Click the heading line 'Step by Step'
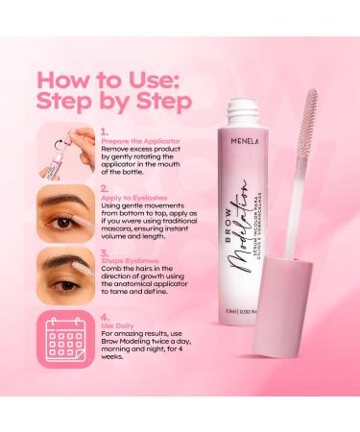(x=114, y=101)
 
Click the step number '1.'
(x=103, y=134)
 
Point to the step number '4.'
(x=103, y=314)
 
